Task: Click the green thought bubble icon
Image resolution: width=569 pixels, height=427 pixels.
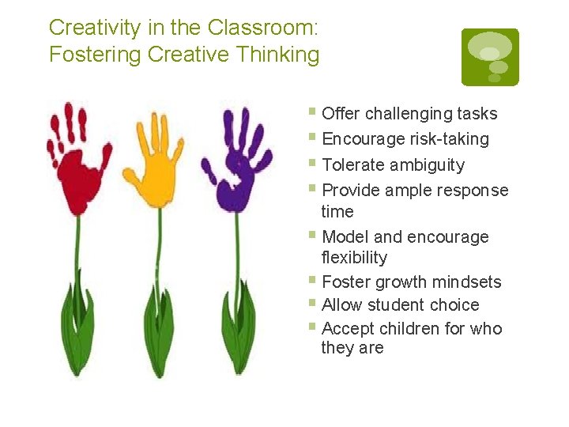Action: [x=490, y=57]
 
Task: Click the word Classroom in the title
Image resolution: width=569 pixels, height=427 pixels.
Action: [x=262, y=28]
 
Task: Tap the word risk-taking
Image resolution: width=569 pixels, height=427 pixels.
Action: [x=450, y=139]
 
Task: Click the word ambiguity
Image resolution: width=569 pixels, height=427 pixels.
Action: [x=427, y=165]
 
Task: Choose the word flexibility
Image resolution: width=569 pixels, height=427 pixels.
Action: [x=354, y=258]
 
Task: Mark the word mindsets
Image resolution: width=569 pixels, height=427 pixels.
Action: [x=466, y=282]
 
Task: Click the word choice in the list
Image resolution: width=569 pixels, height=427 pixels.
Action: [x=453, y=305]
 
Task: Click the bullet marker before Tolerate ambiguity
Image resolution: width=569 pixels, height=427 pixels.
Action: [x=314, y=163]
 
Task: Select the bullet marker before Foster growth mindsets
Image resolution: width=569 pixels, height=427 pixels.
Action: [x=314, y=280]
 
